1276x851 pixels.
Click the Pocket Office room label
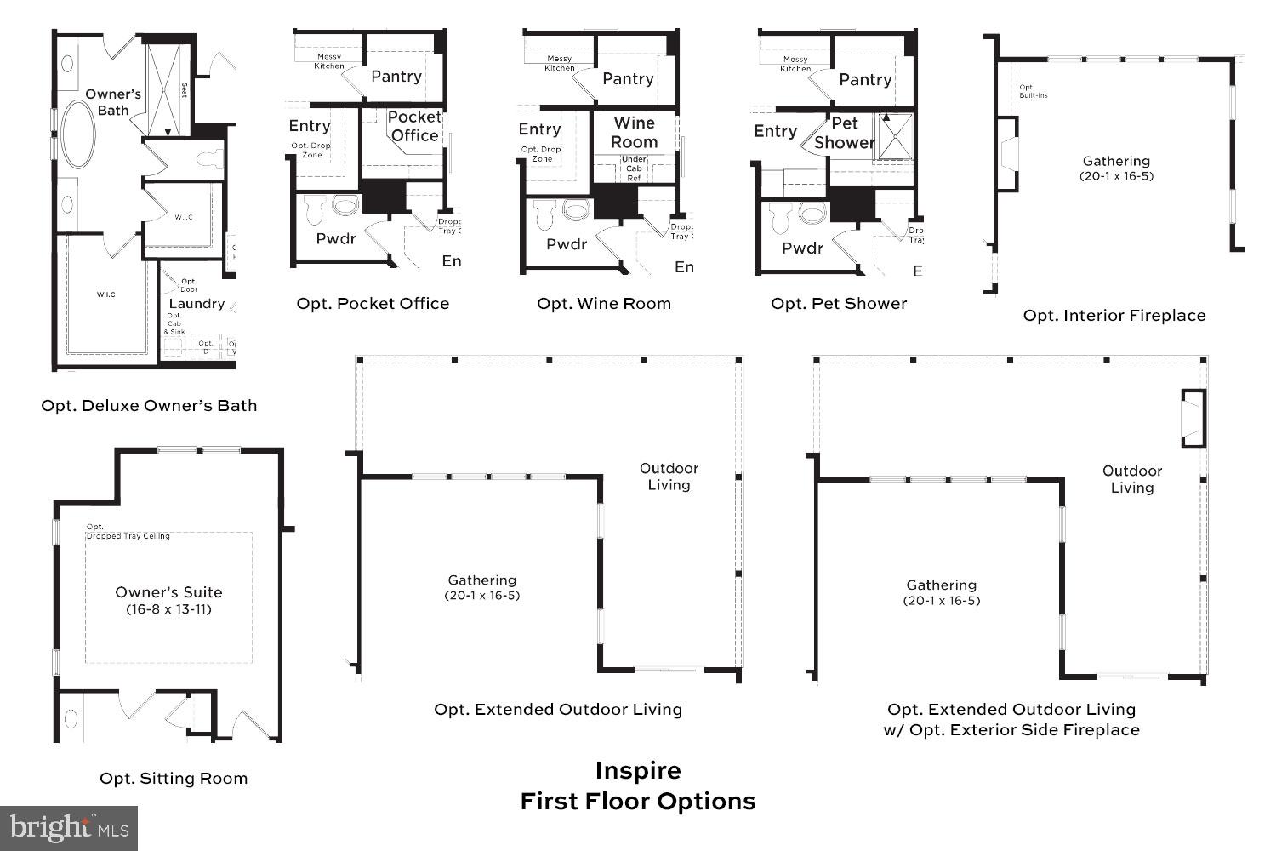click(x=414, y=126)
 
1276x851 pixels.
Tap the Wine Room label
click(x=634, y=133)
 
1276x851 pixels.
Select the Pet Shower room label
click(x=844, y=134)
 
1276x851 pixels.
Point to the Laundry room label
click(x=197, y=304)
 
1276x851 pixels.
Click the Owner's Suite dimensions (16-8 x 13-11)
click(x=168, y=609)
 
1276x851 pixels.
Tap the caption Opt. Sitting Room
click(x=174, y=778)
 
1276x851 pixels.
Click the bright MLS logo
click(x=69, y=828)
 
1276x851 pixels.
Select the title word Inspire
click(x=637, y=771)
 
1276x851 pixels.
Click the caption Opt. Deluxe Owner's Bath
click(x=149, y=406)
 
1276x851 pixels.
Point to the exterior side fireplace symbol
click(x=1193, y=419)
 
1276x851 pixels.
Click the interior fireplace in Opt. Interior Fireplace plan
click(x=1007, y=154)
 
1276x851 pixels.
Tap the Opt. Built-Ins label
click(x=1033, y=91)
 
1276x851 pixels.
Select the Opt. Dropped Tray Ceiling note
click(x=128, y=532)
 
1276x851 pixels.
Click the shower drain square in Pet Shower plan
click(x=895, y=137)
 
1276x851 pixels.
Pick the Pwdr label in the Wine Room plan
click(x=567, y=244)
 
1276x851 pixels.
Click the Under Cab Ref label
click(x=634, y=168)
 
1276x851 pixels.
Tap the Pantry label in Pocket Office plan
click(x=396, y=77)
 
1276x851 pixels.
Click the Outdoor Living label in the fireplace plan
click(x=1132, y=479)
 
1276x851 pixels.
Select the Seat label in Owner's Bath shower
click(x=184, y=90)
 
